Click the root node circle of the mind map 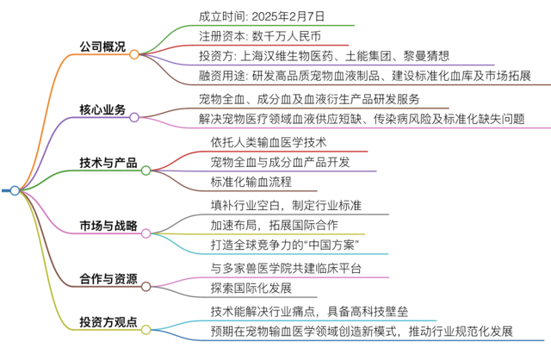pos(15,190)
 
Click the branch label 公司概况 pos(102,47)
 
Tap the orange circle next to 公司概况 pos(134,54)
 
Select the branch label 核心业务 pos(102,109)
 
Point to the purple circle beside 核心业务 pos(134,117)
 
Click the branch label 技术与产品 pos(108,163)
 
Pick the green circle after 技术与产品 pos(145,171)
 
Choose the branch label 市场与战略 pos(108,226)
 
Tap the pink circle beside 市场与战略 pos(145,233)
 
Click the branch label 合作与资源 pos(108,279)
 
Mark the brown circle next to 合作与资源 pos(145,287)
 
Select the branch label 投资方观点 pos(108,322)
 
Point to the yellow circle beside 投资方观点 pos(145,330)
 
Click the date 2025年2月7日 pos(288,16)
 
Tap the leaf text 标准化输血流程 pos(251,182)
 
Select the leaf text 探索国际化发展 pos(251,288)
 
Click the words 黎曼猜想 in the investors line pos(426,55)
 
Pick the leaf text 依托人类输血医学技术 pos(269,142)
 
